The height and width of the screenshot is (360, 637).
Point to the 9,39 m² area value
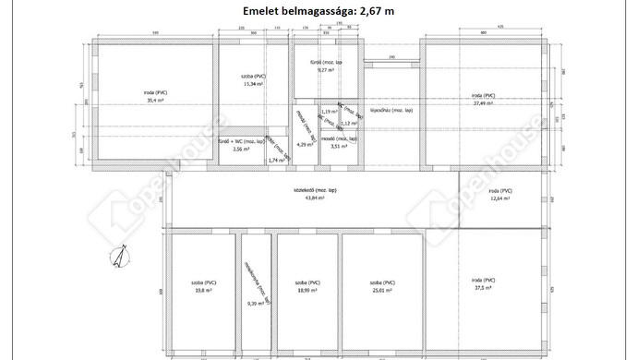(x=255, y=303)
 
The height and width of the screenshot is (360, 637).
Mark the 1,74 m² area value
(x=274, y=161)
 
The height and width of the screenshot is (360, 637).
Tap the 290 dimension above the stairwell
(x=391, y=57)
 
